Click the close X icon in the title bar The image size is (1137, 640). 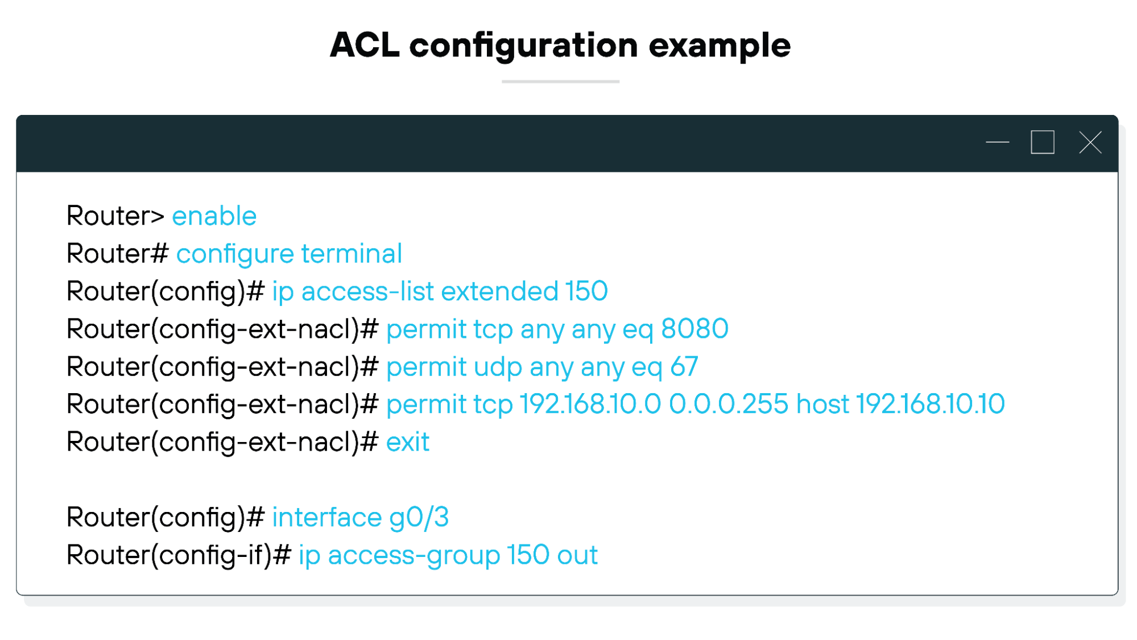click(1090, 142)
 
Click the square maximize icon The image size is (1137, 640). click(1042, 142)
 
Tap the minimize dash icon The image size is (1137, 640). click(997, 142)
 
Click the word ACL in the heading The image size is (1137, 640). click(365, 45)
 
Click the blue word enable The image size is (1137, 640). click(214, 216)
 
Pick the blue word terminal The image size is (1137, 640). click(352, 254)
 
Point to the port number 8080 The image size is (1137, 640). click(694, 329)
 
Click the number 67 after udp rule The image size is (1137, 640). click(684, 366)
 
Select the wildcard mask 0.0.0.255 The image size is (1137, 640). click(728, 404)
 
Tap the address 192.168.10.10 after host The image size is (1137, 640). click(930, 404)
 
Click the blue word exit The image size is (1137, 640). click(407, 442)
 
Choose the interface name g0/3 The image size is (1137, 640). click(419, 518)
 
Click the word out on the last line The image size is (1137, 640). click(577, 555)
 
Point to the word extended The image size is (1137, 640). click(499, 291)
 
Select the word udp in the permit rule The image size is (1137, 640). click(498, 367)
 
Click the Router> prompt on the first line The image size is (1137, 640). click(115, 216)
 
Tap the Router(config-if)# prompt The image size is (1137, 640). click(179, 555)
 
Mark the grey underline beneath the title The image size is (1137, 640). click(560, 82)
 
